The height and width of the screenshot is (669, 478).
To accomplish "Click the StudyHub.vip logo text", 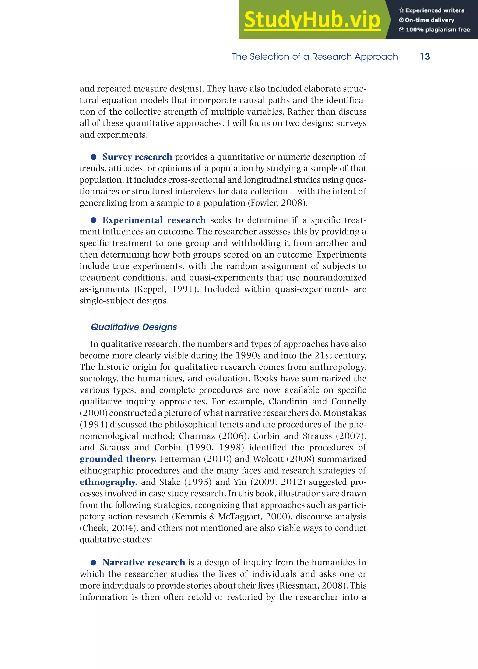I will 312,20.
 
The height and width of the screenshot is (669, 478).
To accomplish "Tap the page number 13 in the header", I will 425,56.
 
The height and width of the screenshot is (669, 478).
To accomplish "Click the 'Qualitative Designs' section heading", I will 134,327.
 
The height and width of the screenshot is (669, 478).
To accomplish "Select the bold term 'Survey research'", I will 137,157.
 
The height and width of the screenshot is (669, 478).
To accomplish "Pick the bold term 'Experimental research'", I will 154,220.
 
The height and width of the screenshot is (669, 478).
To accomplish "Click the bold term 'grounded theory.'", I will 118,459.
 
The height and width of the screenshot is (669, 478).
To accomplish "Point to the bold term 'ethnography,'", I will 108,482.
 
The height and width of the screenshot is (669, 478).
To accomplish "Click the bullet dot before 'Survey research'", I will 94,157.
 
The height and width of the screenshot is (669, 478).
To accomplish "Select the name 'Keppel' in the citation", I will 151,289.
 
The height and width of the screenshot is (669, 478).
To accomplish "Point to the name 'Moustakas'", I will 345,413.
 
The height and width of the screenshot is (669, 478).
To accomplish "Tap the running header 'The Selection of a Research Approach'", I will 315,56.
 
